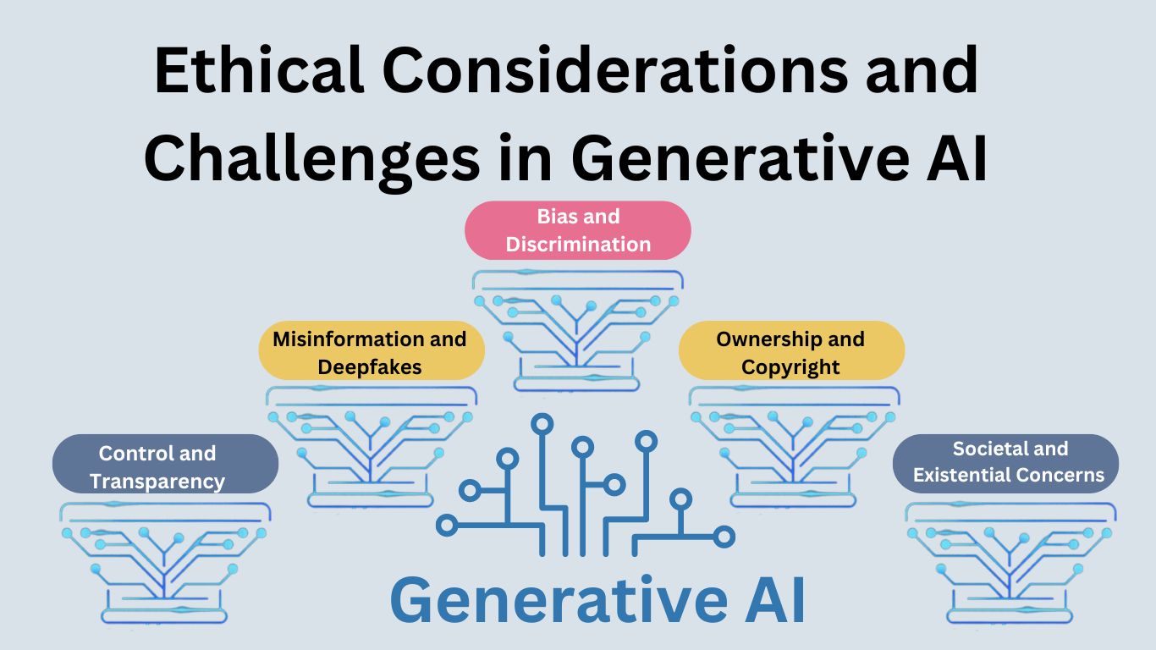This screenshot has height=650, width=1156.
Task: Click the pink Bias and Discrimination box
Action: pos(578,230)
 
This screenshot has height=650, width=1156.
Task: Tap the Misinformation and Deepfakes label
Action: pos(370,352)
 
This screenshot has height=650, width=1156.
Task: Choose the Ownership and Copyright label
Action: pos(790,352)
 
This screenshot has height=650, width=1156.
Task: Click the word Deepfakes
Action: pos(370,366)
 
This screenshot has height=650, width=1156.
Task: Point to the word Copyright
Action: pos(790,366)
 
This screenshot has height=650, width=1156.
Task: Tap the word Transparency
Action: pos(157,482)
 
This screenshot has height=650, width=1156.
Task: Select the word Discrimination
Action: pos(578,245)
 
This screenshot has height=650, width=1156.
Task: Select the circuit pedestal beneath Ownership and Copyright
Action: pos(794,445)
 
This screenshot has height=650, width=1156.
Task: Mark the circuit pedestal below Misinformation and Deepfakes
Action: pos(371,445)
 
